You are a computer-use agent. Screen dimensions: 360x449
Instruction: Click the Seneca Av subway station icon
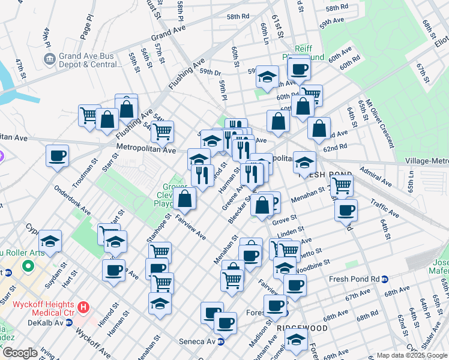tap(221, 342)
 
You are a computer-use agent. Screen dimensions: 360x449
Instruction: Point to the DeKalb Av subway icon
tap(70, 322)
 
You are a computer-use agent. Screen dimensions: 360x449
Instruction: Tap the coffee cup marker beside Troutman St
tap(58, 156)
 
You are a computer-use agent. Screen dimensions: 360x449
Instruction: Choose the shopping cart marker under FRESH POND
tap(342, 186)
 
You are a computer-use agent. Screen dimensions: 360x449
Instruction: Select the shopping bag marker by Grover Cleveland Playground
tap(186, 199)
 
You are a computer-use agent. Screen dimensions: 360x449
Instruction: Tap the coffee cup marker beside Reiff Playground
tap(299, 68)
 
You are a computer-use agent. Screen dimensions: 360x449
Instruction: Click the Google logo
tap(20, 353)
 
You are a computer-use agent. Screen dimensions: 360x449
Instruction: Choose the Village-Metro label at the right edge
tap(427, 161)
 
